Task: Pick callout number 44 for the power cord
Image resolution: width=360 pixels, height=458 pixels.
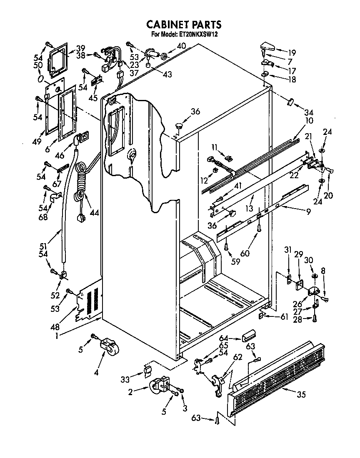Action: pyautogui.click(x=95, y=213)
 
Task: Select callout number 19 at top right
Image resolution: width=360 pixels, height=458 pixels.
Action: pyautogui.click(x=292, y=52)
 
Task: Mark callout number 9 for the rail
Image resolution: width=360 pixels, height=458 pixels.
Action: pyautogui.click(x=308, y=212)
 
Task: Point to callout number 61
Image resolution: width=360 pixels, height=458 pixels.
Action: pyautogui.click(x=284, y=317)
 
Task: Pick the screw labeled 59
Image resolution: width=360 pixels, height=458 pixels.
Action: pyautogui.click(x=226, y=247)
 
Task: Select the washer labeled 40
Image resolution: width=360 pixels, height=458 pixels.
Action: pyautogui.click(x=164, y=56)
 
